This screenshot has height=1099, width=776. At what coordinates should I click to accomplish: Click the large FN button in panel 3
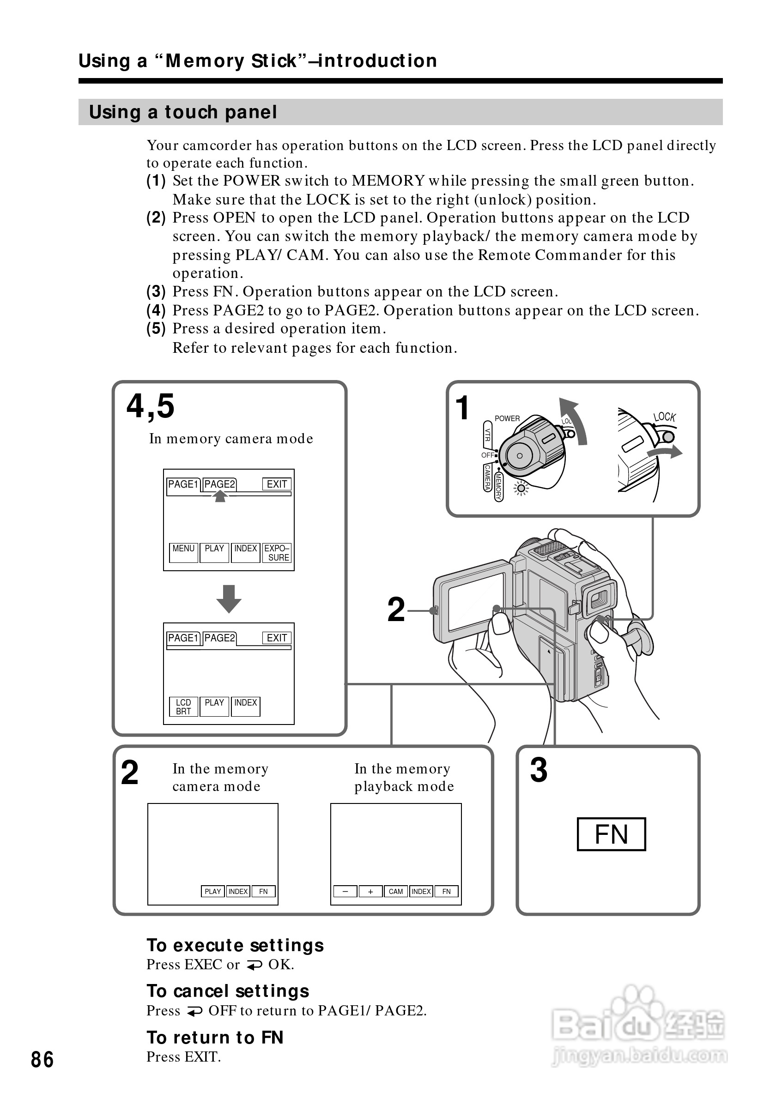pyautogui.click(x=611, y=834)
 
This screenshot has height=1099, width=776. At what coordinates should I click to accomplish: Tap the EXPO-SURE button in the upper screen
pyautogui.click(x=277, y=552)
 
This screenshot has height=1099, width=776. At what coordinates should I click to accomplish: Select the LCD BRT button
pyautogui.click(x=183, y=706)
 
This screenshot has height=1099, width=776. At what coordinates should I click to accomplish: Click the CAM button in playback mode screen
pyautogui.click(x=395, y=891)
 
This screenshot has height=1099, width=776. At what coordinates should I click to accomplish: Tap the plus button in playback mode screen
pyautogui.click(x=370, y=891)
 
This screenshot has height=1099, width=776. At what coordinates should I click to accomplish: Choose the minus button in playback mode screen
pyautogui.click(x=345, y=891)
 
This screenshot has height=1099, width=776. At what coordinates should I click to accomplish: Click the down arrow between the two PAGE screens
pyautogui.click(x=229, y=598)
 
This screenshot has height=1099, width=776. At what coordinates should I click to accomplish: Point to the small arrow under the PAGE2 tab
pyautogui.click(x=220, y=497)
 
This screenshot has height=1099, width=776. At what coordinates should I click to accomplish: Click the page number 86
pyautogui.click(x=42, y=1059)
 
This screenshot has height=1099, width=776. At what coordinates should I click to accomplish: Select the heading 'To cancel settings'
pyautogui.click(x=228, y=991)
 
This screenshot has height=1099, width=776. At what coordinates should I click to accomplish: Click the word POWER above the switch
pyautogui.click(x=507, y=418)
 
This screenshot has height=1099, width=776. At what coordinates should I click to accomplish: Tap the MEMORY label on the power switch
pyautogui.click(x=498, y=486)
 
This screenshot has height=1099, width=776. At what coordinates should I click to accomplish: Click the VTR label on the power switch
pyautogui.click(x=487, y=435)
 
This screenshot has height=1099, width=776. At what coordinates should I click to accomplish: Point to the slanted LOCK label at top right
pyautogui.click(x=665, y=417)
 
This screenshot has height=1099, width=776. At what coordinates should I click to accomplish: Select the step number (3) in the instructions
pyautogui.click(x=156, y=291)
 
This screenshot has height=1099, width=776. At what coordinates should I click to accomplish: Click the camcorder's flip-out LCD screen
pyautogui.click(x=476, y=602)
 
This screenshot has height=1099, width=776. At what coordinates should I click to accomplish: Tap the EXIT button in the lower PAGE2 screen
pyautogui.click(x=277, y=638)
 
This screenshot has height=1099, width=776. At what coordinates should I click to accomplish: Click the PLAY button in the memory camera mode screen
pyautogui.click(x=212, y=891)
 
